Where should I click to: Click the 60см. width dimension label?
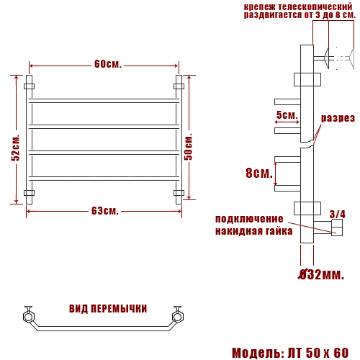coord(107,64)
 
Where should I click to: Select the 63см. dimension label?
coord(104,211)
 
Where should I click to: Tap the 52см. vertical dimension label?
coord(16,148)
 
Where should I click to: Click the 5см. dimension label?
coord(287,115)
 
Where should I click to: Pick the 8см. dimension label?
coord(258,174)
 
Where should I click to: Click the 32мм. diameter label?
coord(322,274)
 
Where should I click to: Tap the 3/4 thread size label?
coord(337,214)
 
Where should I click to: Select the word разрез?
coord(338,118)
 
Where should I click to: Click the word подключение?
coord(250,219)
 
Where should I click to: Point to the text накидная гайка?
coord(253,231)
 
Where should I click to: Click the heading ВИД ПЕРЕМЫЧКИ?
coord(108,309)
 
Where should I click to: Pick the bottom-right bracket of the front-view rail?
coord(179,193)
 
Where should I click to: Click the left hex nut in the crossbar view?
coord(29,315)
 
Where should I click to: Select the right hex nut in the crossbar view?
coord(176,315)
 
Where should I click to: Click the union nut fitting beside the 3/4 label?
coord(336,230)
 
